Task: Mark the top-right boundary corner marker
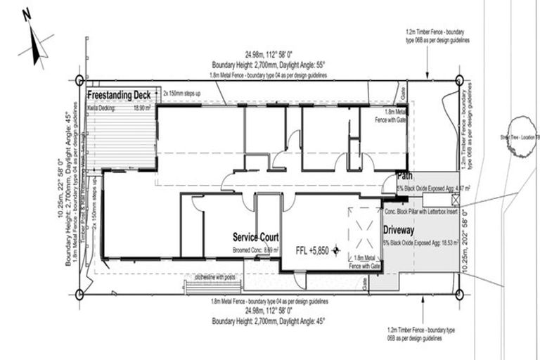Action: (459, 80)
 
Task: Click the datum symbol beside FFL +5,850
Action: (336, 250)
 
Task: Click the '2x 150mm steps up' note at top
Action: (182, 93)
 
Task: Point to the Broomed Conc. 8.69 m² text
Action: (255, 250)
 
